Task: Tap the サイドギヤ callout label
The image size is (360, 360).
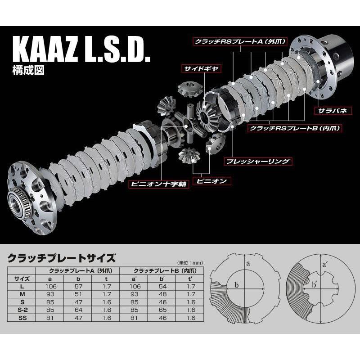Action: [196, 69]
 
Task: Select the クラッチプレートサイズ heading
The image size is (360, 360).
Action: [62, 258]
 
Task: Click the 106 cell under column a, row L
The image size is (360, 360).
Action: [54, 286]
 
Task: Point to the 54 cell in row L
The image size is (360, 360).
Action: [163, 286]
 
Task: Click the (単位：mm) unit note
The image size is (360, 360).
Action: [186, 262]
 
